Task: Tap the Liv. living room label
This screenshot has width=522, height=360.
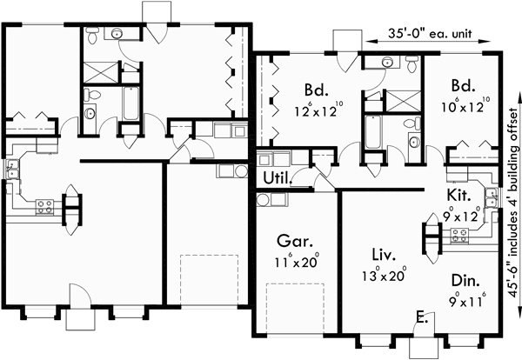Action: pyautogui.click(x=383, y=257)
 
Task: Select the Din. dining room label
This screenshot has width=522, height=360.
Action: pyautogui.click(x=465, y=280)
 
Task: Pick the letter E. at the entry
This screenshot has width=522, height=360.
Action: pyautogui.click(x=421, y=316)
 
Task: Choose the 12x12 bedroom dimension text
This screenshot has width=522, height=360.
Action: pyautogui.click(x=314, y=110)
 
